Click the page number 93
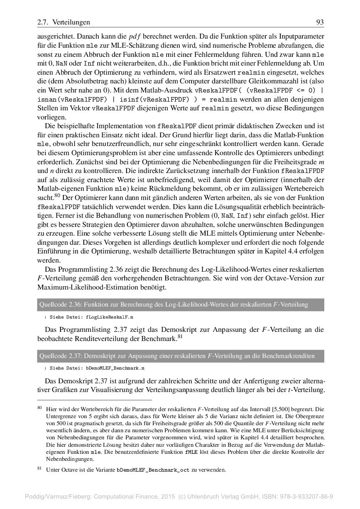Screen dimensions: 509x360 320,22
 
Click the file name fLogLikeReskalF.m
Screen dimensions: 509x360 110,317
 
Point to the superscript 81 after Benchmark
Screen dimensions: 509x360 180,336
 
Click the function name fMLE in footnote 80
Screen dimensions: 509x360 191,452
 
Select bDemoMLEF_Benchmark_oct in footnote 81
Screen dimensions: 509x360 153,470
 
